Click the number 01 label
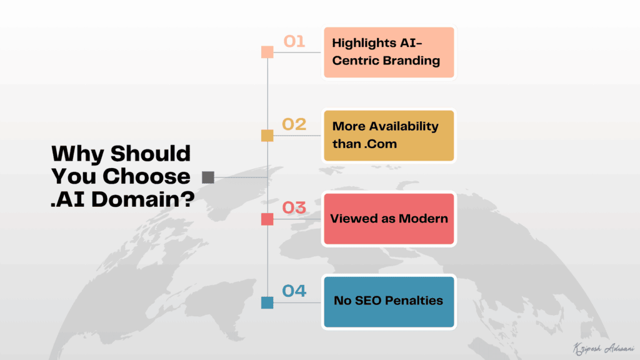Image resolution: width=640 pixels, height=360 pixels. point(294,42)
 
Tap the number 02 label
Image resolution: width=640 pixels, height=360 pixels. point(294,124)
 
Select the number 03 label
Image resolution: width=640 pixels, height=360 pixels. point(294,207)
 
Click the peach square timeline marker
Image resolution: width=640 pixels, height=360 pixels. point(267,52)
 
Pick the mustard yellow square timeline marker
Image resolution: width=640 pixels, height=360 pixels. point(267,136)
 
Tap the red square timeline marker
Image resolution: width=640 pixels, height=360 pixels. point(267,219)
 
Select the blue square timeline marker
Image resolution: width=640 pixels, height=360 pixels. point(267,303)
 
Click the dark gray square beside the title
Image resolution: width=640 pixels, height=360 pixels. point(208,177)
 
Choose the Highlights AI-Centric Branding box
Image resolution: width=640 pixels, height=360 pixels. point(388,52)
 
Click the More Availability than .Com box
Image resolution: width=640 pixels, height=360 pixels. point(388,136)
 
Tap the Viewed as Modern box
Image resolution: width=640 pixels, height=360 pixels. point(388,219)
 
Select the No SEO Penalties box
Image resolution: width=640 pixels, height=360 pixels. point(388,301)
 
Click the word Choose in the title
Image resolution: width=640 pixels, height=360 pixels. point(146,177)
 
